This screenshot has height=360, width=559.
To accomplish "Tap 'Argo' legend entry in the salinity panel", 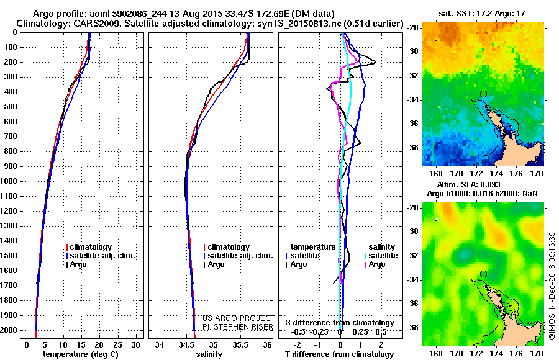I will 216,264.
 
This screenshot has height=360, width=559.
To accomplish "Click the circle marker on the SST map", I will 483,94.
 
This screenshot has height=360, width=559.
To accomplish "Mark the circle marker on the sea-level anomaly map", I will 483,274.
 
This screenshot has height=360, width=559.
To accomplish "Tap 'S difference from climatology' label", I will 340,323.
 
